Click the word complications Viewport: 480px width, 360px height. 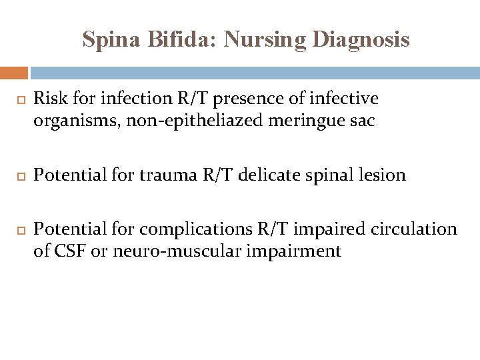point(195,230)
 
